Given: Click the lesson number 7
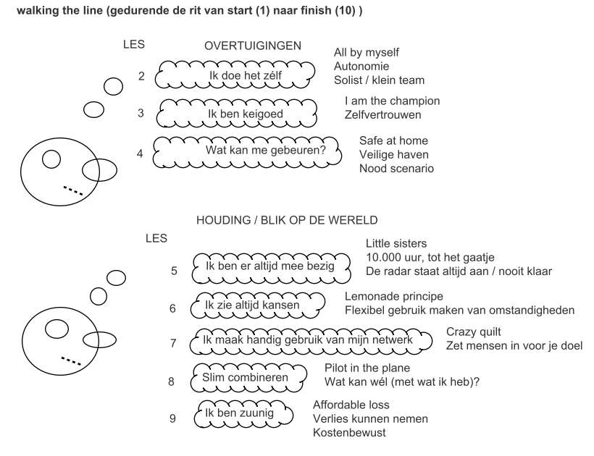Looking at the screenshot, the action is (173, 343).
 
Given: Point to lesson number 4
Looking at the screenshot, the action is (140, 153).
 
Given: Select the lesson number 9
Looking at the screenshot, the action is (172, 418).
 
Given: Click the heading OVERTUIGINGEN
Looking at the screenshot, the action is (253, 46).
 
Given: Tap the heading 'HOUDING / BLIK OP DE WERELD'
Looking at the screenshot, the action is (287, 220).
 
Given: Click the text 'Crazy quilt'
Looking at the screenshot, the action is (474, 332).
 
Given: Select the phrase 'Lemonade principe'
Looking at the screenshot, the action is (394, 296).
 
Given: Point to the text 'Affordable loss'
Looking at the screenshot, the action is (351, 405).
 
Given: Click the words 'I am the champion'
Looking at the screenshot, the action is (393, 101).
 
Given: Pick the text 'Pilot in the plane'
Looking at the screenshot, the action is (367, 368).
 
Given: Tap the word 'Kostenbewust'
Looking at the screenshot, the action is (349, 433).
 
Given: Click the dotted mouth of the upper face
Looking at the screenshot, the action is (72, 190).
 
